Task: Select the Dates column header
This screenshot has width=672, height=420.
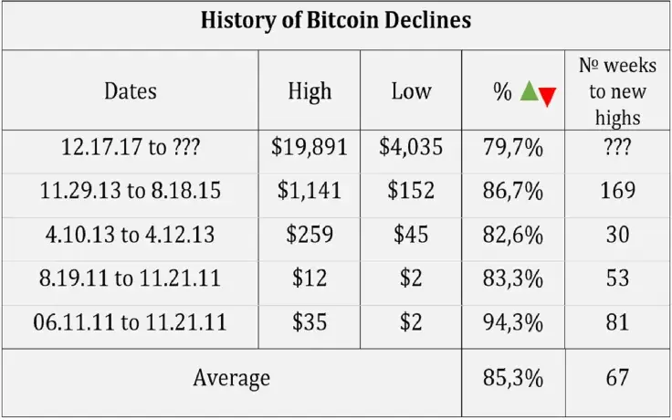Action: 130,90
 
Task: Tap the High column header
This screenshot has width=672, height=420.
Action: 309,90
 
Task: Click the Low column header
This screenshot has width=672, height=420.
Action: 411,90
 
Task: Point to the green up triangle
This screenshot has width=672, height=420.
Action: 529,90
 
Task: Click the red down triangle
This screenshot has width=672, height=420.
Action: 547,97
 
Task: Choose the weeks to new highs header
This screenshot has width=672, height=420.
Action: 618,90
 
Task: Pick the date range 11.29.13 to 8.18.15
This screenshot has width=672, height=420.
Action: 130,192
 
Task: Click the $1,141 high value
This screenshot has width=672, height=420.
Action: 309,192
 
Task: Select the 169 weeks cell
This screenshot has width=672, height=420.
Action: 618,192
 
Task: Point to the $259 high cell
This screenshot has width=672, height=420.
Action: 309,235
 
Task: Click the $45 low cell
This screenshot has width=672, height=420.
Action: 411,235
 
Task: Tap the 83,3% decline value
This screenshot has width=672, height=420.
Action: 512,278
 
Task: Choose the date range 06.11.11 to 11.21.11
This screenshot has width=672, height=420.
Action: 130,322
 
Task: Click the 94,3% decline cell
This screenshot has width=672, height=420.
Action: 512,322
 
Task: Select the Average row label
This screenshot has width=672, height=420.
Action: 231,377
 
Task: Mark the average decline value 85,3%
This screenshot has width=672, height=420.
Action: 512,377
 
